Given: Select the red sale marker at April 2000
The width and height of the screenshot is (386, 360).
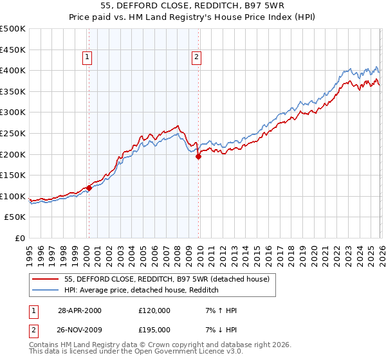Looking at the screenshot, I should pos(89,188).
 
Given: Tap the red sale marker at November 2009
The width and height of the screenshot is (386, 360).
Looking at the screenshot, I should pos(198,156).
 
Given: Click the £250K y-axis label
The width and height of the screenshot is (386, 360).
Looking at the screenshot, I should pos(13,133).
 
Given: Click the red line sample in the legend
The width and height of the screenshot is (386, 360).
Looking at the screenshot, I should pos(46,279).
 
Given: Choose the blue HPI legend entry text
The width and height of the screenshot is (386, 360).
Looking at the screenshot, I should pos(142,290).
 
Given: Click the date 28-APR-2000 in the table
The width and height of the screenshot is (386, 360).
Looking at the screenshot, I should pos(80,310).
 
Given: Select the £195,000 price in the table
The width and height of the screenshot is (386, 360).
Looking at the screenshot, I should pos(154,330).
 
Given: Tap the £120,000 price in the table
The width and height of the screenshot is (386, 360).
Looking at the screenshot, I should pos(154,310).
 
